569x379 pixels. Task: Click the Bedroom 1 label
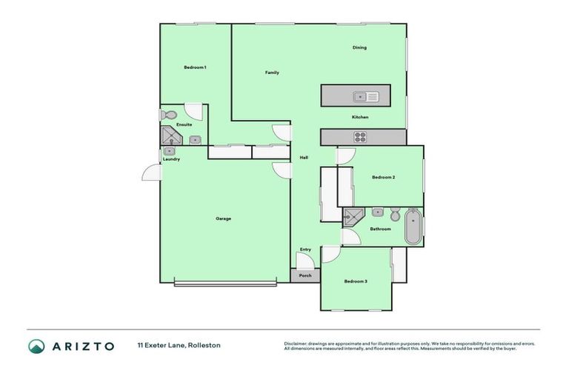[x=195, y=67]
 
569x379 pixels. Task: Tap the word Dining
[x=359, y=47]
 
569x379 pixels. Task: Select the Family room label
[x=272, y=73]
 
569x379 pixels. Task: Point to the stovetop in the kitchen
[x=361, y=136]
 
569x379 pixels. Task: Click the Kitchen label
[x=360, y=117]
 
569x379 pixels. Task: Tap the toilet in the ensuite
[x=168, y=115]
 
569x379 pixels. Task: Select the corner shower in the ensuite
[x=171, y=137]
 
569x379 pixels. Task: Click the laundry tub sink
[x=169, y=151]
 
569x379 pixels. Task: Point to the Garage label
[x=223, y=218]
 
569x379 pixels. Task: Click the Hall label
[x=304, y=158]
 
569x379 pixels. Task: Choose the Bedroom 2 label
[x=383, y=177]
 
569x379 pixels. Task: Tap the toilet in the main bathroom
[x=395, y=215]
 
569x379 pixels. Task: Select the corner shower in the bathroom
[x=353, y=216]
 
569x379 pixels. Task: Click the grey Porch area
[x=305, y=275]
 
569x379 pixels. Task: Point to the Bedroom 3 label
[x=356, y=281]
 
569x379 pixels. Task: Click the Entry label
[x=305, y=249]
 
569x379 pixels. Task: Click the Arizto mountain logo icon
[x=36, y=346]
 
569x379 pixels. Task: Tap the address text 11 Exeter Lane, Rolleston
[x=179, y=346]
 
